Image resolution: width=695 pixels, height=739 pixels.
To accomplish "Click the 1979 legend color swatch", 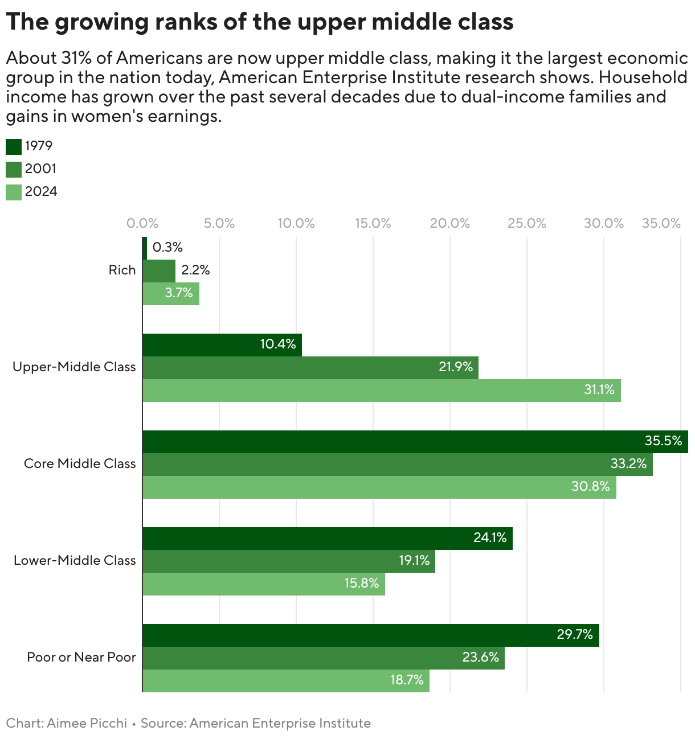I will tap(14, 146).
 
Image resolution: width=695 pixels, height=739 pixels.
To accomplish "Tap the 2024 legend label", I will tap(41, 192).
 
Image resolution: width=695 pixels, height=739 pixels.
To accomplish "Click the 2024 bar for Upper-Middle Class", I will tap(381, 391).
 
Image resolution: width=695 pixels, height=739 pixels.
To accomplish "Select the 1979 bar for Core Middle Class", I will tap(415, 442).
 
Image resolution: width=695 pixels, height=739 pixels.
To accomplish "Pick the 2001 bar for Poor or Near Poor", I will tap(323, 658).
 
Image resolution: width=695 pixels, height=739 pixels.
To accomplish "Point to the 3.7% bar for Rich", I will tap(171, 294).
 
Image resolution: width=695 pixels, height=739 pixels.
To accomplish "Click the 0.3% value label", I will tap(167, 248).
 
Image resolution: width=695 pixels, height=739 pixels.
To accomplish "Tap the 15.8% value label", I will tap(361, 584).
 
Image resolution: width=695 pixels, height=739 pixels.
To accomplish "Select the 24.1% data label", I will tap(490, 537).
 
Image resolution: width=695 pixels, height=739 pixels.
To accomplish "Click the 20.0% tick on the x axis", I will tap(449, 223).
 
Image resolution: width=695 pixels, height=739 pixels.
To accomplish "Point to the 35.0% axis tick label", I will tap(661, 223).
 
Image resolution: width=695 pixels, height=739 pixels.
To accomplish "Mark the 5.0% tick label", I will tap(219, 223).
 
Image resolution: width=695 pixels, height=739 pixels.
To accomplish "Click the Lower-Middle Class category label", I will tap(75, 560).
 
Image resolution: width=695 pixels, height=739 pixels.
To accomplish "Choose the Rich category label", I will tap(122, 270).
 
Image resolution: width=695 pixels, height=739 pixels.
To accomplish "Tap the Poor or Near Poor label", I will tap(81, 657).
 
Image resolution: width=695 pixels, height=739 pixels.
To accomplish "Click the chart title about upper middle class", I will tap(260, 22).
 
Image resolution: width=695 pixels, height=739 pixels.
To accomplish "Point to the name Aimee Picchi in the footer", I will tap(87, 723).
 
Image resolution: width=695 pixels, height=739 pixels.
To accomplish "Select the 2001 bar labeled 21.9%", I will tap(310, 368).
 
